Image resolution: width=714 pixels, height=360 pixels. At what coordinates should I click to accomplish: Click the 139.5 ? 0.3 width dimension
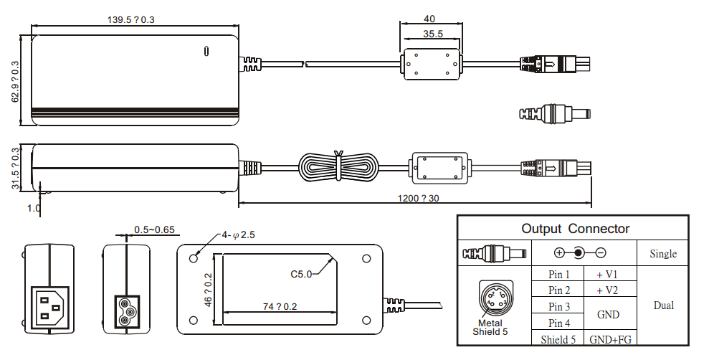130,19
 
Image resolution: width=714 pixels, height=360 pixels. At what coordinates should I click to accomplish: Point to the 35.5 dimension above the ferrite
432,33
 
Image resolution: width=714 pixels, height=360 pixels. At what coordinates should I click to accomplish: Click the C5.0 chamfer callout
301,273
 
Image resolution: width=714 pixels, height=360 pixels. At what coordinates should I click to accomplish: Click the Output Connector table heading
575,229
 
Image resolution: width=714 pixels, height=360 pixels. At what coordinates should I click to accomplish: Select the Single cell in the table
663,254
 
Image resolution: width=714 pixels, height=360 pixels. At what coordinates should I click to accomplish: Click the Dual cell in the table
663,305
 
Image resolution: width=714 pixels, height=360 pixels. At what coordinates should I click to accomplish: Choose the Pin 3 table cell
559,307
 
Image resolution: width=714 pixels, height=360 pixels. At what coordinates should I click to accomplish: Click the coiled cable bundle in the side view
338,169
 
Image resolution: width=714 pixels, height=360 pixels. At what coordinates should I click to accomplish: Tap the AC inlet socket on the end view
49,304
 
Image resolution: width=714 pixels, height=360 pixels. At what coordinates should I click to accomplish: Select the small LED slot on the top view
207,51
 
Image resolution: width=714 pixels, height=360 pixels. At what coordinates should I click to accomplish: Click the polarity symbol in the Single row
579,253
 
